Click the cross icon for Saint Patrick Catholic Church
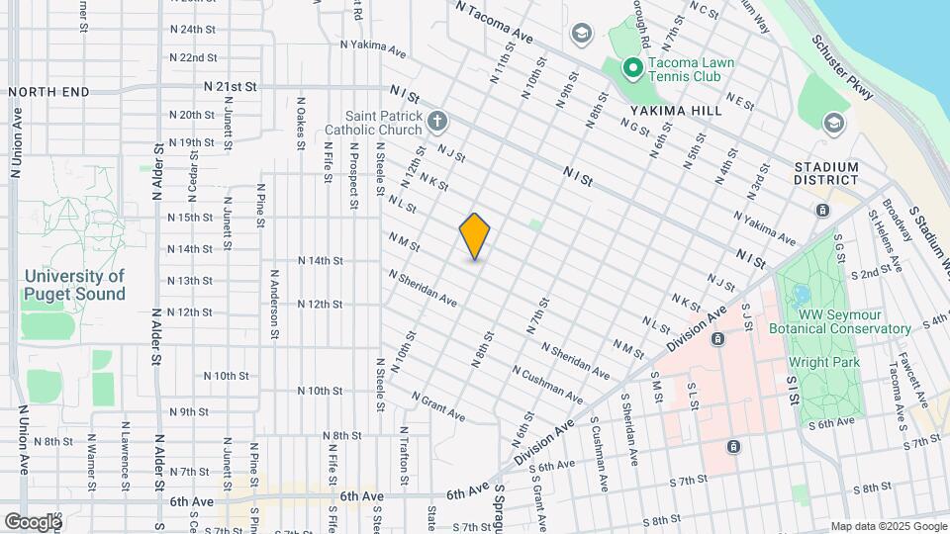436,123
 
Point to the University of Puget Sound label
75,285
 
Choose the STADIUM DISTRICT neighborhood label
826,173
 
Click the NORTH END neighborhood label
48,92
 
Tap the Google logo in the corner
32,521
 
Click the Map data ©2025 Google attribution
888,526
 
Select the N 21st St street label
231,87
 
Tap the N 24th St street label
193,30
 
